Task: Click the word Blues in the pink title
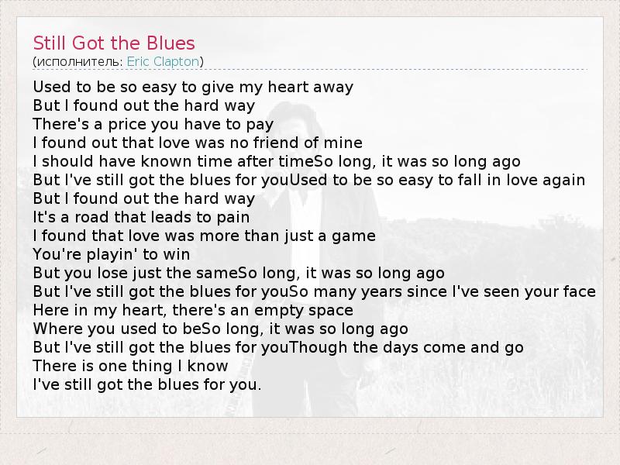170,43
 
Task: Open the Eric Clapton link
163,62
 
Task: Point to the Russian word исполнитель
80,62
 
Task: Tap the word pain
233,218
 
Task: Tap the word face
579,291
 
